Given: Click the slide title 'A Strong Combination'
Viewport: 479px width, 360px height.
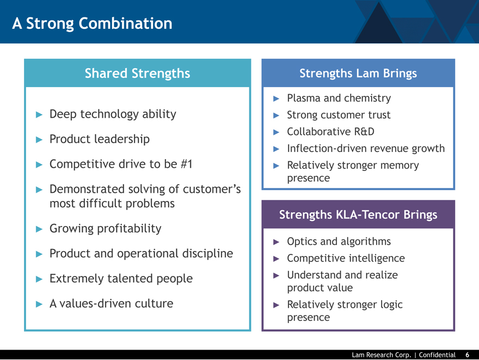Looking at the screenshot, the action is coord(92,23).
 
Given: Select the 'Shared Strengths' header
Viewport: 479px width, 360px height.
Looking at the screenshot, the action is coord(138,74).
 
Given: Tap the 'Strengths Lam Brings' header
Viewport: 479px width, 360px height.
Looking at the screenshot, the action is coord(358,74).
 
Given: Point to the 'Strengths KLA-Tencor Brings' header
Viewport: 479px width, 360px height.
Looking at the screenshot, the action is coord(358,215).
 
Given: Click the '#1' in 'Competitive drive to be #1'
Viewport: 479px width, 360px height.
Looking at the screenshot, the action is coord(186,164).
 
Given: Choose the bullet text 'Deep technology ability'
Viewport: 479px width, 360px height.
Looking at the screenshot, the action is coord(113,114).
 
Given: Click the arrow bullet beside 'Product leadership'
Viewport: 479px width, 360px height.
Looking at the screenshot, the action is coord(39,139).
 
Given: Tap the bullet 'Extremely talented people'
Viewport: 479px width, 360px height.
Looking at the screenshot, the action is coord(121,279).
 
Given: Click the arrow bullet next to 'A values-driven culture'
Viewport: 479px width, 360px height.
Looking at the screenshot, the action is coord(39,304).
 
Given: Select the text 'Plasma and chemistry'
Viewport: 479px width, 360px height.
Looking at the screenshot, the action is coord(339,99).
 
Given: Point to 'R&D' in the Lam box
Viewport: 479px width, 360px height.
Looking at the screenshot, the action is coord(364,132).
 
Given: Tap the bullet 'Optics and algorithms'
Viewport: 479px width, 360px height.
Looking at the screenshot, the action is coord(339,242).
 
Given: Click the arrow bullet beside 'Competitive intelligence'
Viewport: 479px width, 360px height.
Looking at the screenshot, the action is coord(276,259).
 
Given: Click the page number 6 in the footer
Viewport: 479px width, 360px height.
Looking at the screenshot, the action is coord(467,355).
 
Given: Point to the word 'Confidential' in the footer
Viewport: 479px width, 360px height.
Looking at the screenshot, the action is coord(437,355).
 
